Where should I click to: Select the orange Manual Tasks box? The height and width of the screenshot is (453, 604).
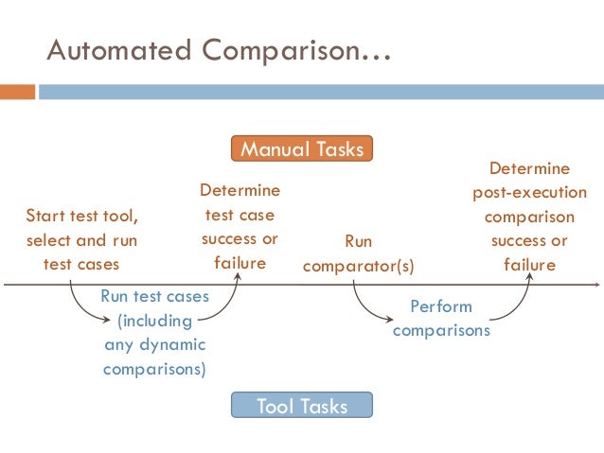(x=302, y=149)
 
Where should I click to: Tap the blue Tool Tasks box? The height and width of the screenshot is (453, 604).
(x=302, y=408)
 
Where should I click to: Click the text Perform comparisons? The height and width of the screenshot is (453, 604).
(x=441, y=319)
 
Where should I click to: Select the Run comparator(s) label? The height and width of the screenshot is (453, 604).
(x=359, y=253)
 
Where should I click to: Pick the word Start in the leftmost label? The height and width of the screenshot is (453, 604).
(x=45, y=215)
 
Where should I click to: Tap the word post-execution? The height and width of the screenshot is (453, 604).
(x=529, y=192)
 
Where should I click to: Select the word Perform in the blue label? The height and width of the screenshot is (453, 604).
(x=441, y=306)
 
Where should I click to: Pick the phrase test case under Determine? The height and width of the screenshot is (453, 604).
(x=240, y=215)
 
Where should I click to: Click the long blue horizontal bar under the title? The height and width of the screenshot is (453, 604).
(x=323, y=93)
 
